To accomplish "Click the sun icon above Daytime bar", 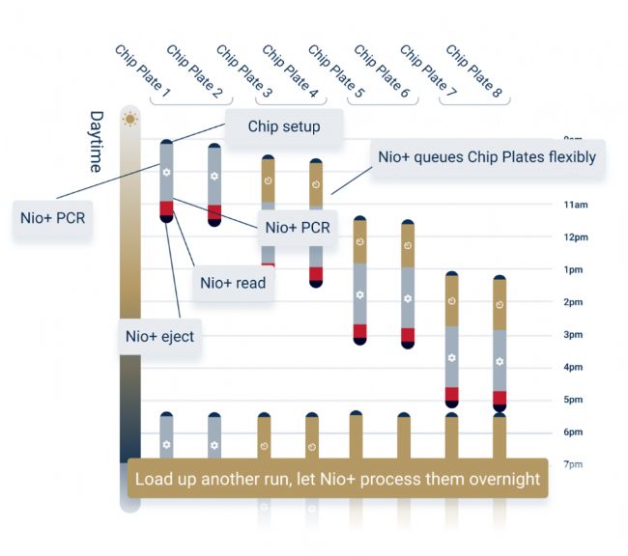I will pos(129,119).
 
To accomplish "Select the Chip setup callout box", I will pos(283,126).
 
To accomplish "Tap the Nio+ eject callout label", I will pos(159,336).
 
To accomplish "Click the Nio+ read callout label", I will pos(233,283).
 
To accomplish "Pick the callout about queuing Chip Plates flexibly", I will pos(487,156).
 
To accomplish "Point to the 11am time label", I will pos(576,205).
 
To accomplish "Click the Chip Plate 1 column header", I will pos(142,70).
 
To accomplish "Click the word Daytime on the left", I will pos(97,141).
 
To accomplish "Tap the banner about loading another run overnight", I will pos(337,479).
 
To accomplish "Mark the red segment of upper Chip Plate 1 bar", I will pos(166,208).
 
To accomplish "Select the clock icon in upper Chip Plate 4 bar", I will pos(315,181).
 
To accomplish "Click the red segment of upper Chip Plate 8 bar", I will pos(500,397).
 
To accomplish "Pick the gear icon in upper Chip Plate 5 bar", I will pos(359,293).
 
